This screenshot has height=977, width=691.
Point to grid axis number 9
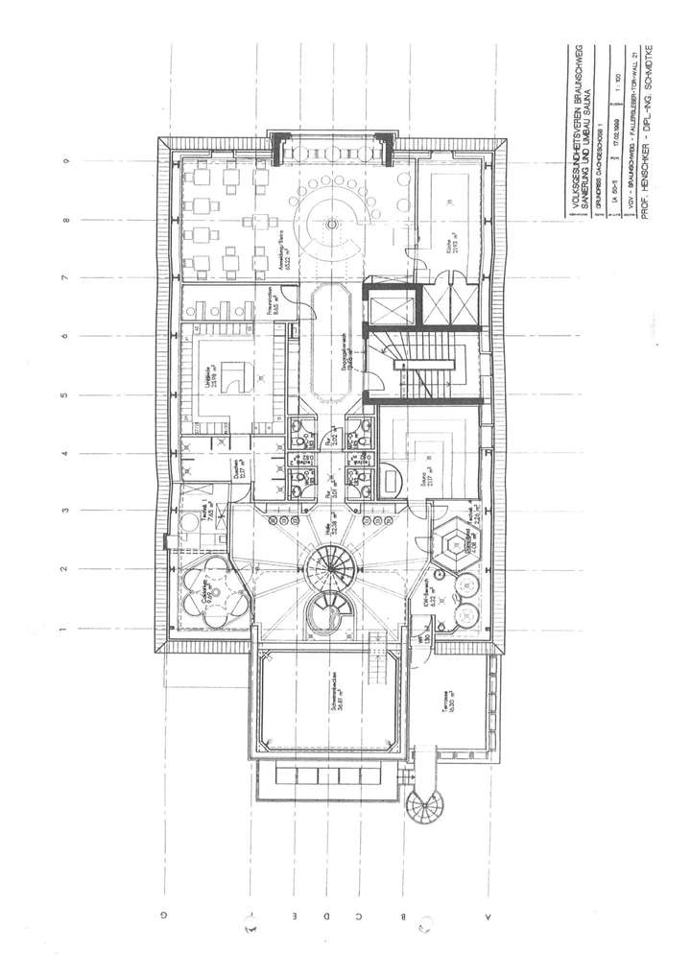pyautogui.click(x=65, y=162)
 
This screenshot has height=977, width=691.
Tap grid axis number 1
pyautogui.click(x=65, y=630)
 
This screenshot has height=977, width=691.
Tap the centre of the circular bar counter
pyautogui.click(x=332, y=224)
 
